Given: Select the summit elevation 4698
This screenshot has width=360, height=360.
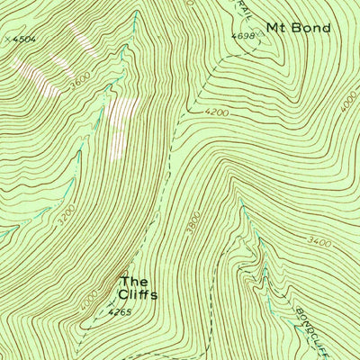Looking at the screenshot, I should [243, 36].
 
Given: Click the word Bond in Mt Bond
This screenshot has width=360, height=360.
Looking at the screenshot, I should [312, 28].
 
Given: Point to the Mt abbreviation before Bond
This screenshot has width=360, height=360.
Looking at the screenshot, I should [277, 28].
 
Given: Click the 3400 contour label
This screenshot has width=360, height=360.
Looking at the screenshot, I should [319, 243].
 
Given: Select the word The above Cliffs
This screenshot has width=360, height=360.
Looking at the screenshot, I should [134, 279].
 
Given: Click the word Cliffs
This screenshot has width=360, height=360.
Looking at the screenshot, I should [138, 294].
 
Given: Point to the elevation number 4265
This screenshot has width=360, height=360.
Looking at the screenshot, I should [119, 313].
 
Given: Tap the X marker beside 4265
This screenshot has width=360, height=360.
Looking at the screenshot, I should [109, 305].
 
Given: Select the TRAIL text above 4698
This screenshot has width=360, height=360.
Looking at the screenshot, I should [247, 9].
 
